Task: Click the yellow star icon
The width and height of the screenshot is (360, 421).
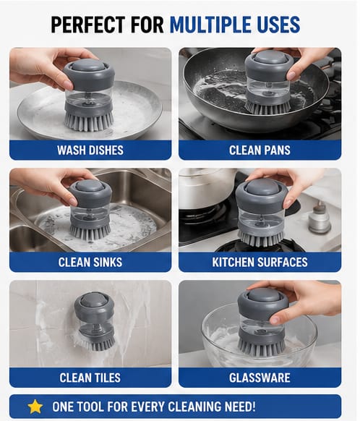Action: pyautogui.click(x=35, y=407)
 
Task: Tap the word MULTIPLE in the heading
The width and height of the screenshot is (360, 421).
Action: pyautogui.click(x=211, y=25)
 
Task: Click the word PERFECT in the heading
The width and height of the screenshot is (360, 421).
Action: pyautogui.click(x=88, y=25)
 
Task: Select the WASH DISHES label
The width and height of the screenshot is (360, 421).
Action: pyautogui.click(x=90, y=150)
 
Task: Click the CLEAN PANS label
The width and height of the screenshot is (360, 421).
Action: pyautogui.click(x=260, y=150)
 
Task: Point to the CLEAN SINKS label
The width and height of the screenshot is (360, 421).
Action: pyautogui.click(x=90, y=262)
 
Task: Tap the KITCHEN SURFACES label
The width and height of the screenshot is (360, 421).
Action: pyautogui.click(x=260, y=262)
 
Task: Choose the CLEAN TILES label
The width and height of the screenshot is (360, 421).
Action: pyautogui.click(x=90, y=378)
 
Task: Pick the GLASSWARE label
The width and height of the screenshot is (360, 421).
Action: pyautogui.click(x=260, y=378)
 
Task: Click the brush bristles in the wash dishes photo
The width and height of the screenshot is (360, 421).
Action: pyautogui.click(x=89, y=122)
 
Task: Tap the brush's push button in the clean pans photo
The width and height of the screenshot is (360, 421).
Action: pyautogui.click(x=268, y=57)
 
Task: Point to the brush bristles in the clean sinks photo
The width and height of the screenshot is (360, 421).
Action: pyautogui.click(x=90, y=232)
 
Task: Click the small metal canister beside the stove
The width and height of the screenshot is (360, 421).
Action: pyautogui.click(x=320, y=218)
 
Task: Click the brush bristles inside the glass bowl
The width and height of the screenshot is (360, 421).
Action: pyautogui.click(x=261, y=346)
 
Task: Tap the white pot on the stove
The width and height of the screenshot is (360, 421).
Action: pyautogui.click(x=207, y=187)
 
